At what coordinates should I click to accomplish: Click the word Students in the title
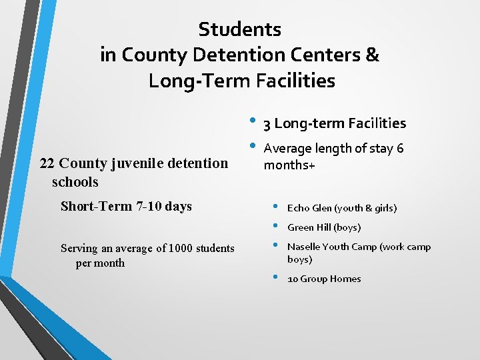point(240,29)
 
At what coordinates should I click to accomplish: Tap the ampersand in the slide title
point(372,55)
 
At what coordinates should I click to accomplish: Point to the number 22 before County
point(47,163)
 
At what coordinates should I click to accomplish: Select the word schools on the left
point(75,182)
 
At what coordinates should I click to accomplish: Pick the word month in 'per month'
point(109,263)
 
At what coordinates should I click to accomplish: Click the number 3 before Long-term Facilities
point(267,124)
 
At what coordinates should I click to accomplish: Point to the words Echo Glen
point(310,209)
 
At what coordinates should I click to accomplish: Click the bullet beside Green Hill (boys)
point(271,226)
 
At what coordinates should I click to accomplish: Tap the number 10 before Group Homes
point(292,279)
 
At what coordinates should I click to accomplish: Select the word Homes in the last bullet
point(346,279)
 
